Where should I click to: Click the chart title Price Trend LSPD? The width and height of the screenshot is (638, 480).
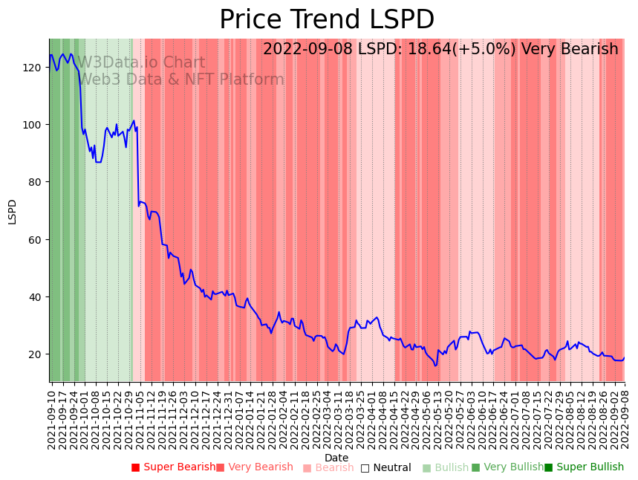coord(327,20)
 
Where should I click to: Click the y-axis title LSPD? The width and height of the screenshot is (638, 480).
coord(12,211)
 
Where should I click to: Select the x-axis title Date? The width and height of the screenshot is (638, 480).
coord(336,458)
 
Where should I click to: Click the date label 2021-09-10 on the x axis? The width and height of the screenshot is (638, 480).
coord(52,416)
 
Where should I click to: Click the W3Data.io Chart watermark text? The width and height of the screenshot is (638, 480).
coord(141,63)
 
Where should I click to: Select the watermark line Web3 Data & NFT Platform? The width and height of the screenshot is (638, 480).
coord(181,80)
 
